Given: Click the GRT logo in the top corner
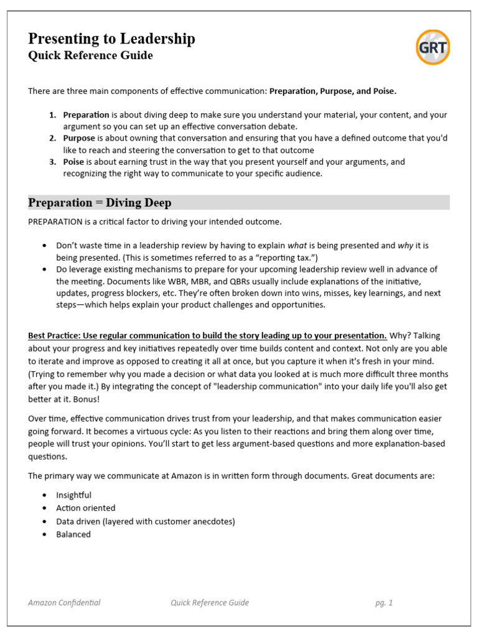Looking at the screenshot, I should (x=433, y=47).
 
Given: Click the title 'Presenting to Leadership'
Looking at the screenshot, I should (x=111, y=39).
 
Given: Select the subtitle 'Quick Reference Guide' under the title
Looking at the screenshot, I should (x=90, y=56).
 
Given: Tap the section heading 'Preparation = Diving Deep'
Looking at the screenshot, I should (x=100, y=203).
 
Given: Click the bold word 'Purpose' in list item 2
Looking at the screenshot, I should (x=79, y=138).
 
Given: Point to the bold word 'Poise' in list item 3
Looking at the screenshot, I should (x=74, y=162).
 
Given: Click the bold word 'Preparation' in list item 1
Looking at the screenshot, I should (x=86, y=115).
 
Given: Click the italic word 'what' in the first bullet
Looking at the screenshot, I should (x=297, y=245).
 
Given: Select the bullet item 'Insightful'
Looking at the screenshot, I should (x=73, y=495).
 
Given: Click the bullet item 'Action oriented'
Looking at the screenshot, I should (x=85, y=508).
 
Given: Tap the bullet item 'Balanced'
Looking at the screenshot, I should (x=73, y=534).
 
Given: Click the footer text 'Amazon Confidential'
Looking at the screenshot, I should (x=64, y=602).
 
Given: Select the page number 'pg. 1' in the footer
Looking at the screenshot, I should (x=383, y=602).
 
